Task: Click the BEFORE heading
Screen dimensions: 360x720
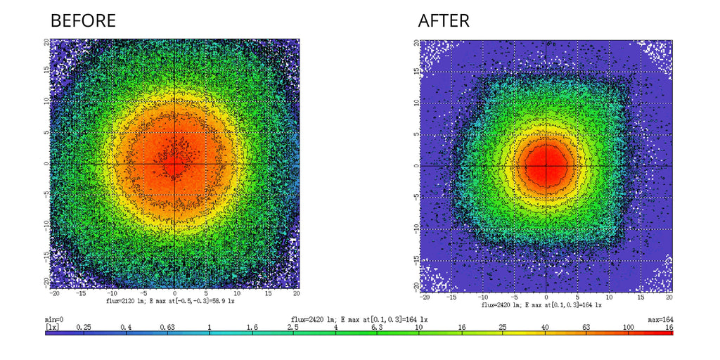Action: pyautogui.click(x=83, y=21)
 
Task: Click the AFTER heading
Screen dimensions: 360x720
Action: pyautogui.click(x=444, y=21)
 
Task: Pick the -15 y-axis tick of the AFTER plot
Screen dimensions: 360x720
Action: pyautogui.click(x=416, y=261)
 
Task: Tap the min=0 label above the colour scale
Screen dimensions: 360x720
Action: pyautogui.click(x=54, y=319)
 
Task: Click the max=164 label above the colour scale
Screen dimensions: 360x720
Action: pyautogui.click(x=660, y=319)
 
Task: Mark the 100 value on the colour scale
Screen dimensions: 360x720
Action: pyautogui.click(x=629, y=327)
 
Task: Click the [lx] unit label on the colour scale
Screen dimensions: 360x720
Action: pyautogui.click(x=52, y=327)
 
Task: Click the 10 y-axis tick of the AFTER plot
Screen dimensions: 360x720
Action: pyautogui.click(x=416, y=103)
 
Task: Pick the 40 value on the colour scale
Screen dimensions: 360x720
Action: pyautogui.click(x=545, y=327)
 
